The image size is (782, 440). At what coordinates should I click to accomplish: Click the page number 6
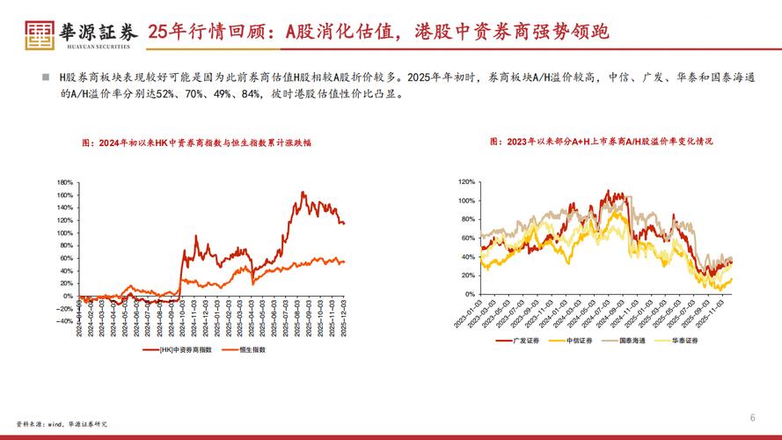752,416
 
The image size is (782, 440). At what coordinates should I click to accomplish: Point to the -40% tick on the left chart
63,321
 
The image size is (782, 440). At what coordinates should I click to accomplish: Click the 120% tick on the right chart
466,182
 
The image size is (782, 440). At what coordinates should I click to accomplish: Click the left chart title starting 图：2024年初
196,142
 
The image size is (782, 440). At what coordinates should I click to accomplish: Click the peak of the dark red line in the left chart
303,192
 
